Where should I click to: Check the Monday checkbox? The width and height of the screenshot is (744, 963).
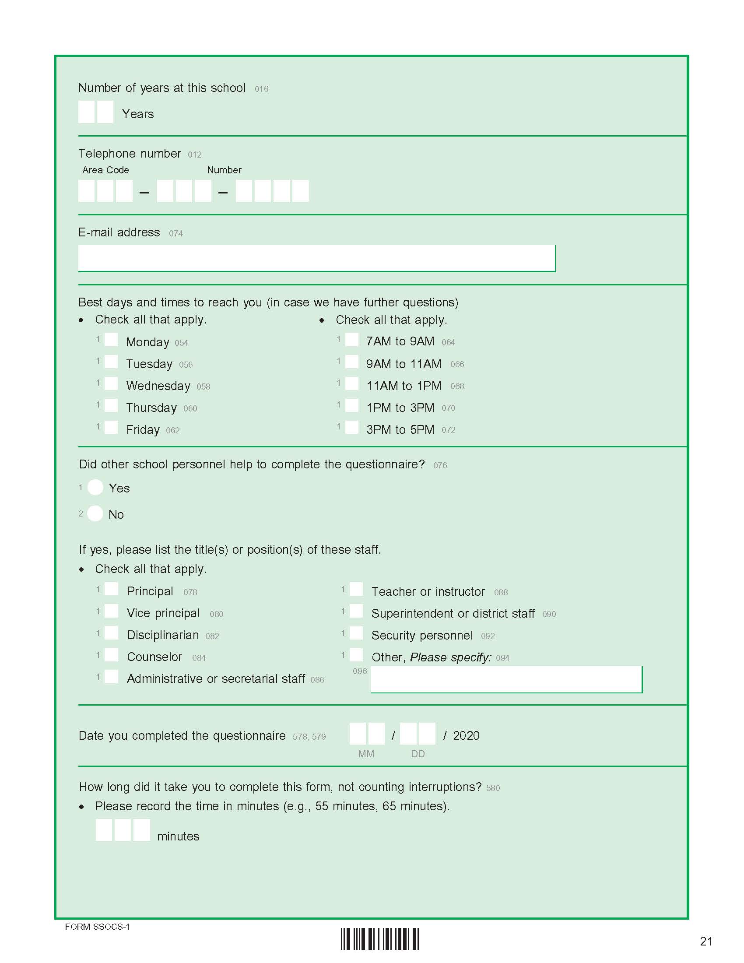click(111, 340)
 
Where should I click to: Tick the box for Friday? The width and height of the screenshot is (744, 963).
click(111, 427)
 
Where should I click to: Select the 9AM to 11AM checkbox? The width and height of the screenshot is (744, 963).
click(352, 362)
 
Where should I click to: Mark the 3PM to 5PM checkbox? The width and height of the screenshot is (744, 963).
click(352, 427)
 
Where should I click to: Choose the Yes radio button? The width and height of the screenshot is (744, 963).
click(96, 487)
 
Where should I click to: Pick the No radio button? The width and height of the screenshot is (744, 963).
click(95, 513)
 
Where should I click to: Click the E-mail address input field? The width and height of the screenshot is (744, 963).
click(316, 258)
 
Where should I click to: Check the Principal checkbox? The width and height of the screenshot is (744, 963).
click(112, 589)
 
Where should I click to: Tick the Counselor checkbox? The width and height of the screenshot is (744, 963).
click(112, 655)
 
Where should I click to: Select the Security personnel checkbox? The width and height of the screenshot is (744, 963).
click(356, 633)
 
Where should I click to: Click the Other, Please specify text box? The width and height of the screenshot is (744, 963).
click(506, 679)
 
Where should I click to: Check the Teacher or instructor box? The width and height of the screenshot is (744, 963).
click(356, 589)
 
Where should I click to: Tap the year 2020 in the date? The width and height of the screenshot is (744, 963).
click(467, 735)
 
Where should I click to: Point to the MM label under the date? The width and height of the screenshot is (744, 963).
click(366, 754)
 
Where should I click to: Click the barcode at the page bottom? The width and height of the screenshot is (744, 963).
click(379, 939)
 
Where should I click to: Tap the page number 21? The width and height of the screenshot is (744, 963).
click(706, 942)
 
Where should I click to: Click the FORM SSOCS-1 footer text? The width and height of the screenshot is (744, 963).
click(98, 927)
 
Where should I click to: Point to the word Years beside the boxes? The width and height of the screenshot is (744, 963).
click(138, 114)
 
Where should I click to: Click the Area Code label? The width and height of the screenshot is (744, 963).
click(106, 170)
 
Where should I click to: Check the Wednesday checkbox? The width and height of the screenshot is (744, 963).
click(111, 383)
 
